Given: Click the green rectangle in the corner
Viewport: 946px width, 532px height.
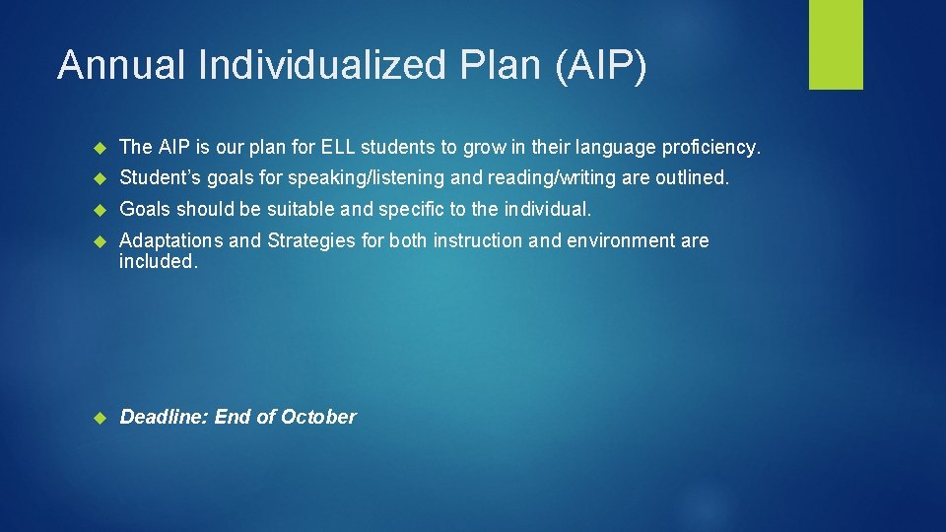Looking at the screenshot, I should click(x=836, y=44).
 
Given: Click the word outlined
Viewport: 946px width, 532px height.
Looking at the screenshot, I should click(x=694, y=179).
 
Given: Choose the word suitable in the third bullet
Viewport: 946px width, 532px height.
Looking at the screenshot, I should click(x=289, y=210).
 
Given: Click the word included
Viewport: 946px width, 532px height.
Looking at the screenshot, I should click(x=158, y=261).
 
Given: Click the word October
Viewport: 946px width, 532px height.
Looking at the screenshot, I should click(x=318, y=417).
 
